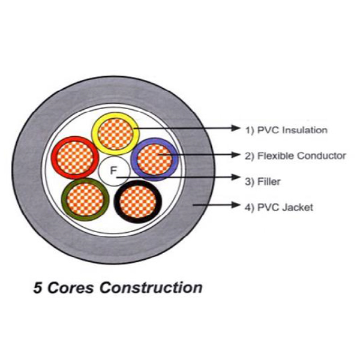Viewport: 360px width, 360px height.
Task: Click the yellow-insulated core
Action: pos(115,133)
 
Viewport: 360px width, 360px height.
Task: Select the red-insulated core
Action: pos(74,157)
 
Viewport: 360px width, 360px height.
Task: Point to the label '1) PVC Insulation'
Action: pos(287,130)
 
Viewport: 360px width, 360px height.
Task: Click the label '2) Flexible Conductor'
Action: pos(295,155)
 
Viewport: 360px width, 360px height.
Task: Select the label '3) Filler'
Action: pos(263,181)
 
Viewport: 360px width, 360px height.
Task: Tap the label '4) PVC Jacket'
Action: pos(279,208)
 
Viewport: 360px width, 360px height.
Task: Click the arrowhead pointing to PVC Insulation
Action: pos(237,128)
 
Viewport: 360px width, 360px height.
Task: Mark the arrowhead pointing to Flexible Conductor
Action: pos(237,154)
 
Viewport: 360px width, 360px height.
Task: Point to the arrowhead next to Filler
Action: pos(237,178)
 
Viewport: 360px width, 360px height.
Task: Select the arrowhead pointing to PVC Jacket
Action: pos(237,205)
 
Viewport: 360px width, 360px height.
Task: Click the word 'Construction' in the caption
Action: pos(151,287)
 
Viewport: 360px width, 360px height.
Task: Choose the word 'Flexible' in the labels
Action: pos(274,155)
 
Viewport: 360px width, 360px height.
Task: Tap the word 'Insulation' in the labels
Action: pos(305,130)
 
